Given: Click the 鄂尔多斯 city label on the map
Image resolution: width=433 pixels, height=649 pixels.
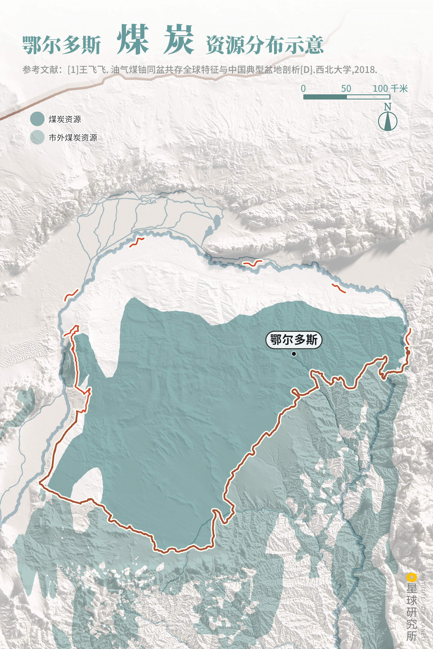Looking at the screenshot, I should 294,340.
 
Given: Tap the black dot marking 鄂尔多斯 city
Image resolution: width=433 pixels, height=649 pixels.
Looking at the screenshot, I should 294,354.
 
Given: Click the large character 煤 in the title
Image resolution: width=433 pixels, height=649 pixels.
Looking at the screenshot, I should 133,40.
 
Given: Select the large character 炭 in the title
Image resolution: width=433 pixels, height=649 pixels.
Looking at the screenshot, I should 179,40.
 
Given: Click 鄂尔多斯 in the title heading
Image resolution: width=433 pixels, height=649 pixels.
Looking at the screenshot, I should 61,45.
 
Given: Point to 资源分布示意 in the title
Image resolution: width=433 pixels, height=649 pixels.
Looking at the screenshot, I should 265,45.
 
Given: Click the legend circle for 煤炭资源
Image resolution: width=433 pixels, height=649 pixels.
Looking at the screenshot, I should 37,119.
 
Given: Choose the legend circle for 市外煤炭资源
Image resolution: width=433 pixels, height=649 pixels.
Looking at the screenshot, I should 37,137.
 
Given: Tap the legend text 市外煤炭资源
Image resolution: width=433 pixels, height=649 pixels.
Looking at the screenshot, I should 73,137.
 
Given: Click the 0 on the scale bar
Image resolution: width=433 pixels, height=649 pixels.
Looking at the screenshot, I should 303,88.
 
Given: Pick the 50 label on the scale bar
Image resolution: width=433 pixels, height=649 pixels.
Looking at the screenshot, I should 346,88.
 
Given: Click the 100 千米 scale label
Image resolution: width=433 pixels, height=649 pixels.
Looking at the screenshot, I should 390,88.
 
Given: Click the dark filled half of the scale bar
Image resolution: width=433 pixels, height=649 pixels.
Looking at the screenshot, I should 325,97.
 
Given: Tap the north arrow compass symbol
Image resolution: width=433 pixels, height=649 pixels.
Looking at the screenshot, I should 388,121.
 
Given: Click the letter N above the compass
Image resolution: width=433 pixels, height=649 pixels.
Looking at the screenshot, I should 388,107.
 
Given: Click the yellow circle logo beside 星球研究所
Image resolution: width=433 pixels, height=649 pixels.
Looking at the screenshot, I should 411,577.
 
